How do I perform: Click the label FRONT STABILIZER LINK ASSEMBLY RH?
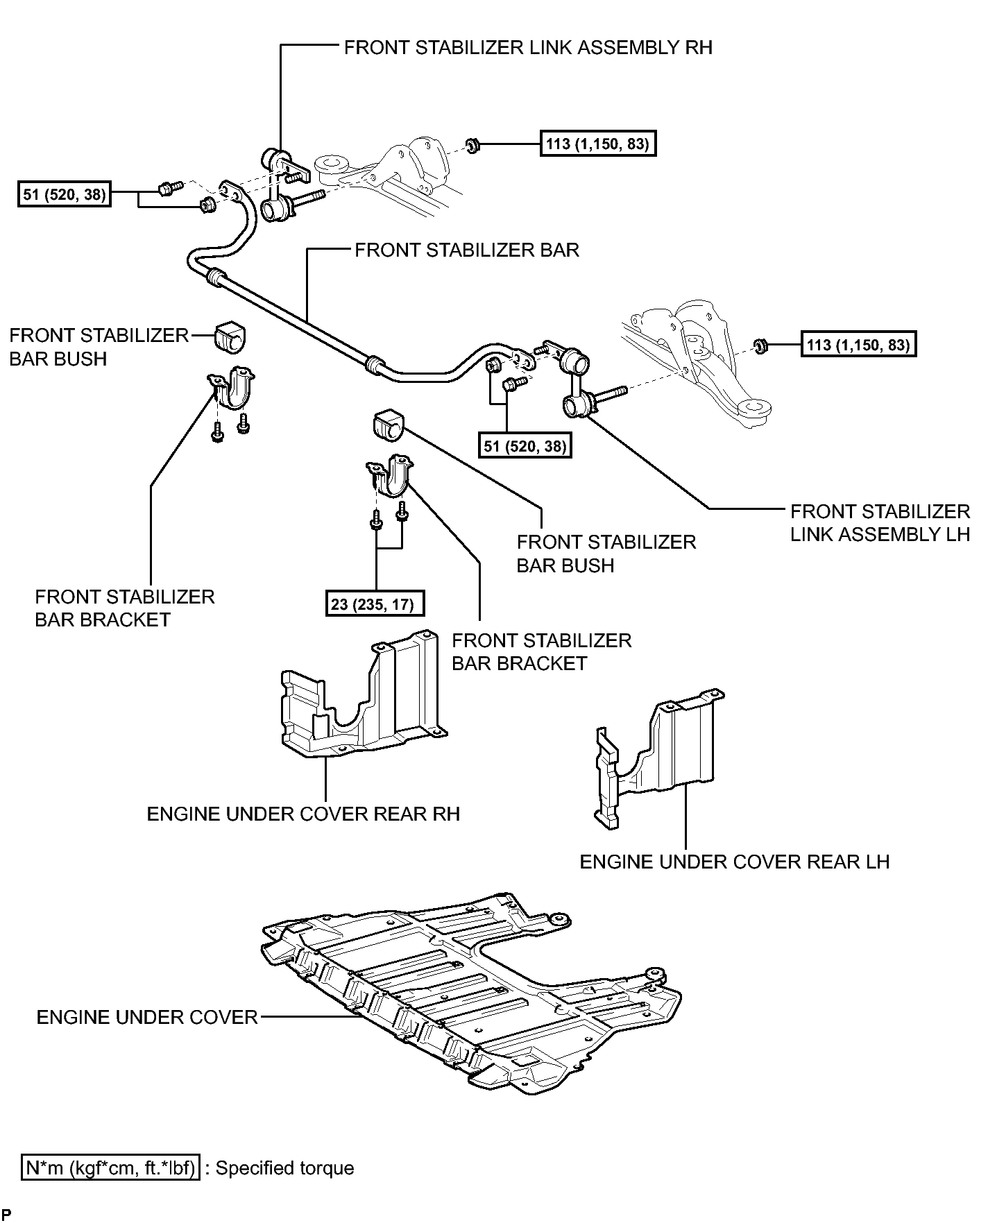point(528,47)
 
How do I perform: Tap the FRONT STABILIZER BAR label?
point(467,250)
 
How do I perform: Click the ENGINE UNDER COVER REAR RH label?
point(303,814)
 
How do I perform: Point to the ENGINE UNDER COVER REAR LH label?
point(735,862)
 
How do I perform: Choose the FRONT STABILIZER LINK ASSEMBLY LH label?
point(880,522)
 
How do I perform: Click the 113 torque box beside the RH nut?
point(597,144)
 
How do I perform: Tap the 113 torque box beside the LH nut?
point(858,344)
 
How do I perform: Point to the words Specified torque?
point(284,1168)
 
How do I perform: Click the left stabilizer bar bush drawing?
point(230,338)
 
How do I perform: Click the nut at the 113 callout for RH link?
point(472,146)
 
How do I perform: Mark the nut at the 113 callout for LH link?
point(760,345)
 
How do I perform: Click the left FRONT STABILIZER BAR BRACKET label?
point(125,608)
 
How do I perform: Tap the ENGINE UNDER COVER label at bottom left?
point(147,1017)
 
